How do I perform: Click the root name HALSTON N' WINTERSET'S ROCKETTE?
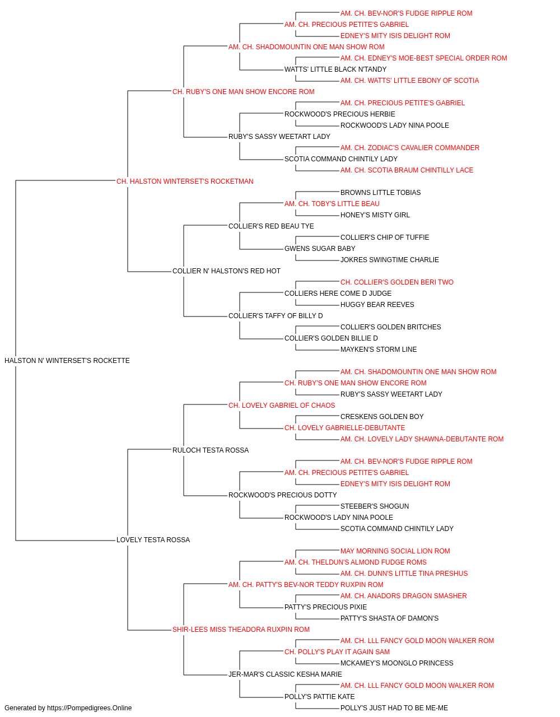click(x=67, y=361)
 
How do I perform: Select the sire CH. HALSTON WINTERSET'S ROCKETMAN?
click(x=185, y=181)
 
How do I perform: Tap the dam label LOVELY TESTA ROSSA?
click(x=153, y=540)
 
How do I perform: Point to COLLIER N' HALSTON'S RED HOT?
click(x=226, y=271)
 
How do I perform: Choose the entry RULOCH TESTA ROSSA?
click(x=211, y=450)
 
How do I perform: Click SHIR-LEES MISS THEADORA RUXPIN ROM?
click(x=241, y=630)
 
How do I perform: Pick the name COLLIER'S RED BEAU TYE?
click(x=271, y=226)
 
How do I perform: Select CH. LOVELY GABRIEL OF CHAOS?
click(x=282, y=406)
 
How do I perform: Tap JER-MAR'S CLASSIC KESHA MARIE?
click(x=285, y=674)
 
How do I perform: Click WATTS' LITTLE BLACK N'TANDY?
click(x=335, y=69)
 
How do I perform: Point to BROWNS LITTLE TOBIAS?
click(x=381, y=193)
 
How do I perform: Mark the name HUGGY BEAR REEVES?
click(x=377, y=305)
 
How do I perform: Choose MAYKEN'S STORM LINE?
click(x=379, y=350)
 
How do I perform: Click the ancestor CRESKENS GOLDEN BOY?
click(x=382, y=417)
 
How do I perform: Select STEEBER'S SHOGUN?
click(x=375, y=506)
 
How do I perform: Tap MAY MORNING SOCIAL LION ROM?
click(x=395, y=551)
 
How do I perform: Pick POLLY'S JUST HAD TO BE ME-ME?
click(x=394, y=708)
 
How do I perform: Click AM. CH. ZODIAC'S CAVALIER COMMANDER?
click(x=410, y=148)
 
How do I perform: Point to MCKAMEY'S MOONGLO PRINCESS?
click(x=396, y=663)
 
